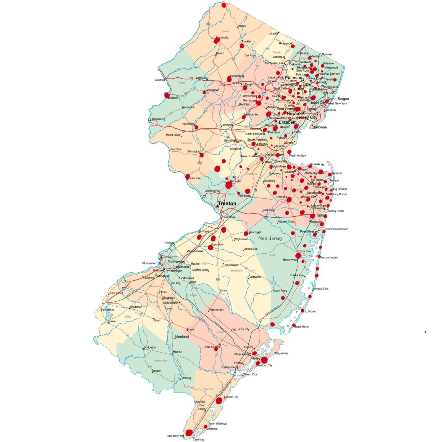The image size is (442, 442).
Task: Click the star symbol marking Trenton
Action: [217, 206]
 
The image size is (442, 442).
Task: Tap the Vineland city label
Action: [182, 337]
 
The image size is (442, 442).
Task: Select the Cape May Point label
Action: [175, 436]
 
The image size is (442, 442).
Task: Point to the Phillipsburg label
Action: [158, 119]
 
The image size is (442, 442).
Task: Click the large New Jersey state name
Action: [270, 238]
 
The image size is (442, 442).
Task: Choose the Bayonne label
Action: [320, 127]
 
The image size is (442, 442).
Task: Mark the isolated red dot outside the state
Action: [425, 332]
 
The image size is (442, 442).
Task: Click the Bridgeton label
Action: [150, 348]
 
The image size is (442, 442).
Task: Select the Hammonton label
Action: [217, 310]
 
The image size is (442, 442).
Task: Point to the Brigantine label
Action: [282, 353]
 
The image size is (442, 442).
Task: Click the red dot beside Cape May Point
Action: [189, 433]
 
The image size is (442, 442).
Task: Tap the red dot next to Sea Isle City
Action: [219, 401]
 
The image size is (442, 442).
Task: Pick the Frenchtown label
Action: [176, 149]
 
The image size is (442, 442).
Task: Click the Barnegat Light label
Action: [320, 289]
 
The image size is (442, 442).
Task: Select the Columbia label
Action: [159, 80]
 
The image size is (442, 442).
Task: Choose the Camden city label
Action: [168, 257]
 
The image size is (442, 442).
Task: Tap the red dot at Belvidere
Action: [167, 96]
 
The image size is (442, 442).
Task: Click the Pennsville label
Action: [108, 310]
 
